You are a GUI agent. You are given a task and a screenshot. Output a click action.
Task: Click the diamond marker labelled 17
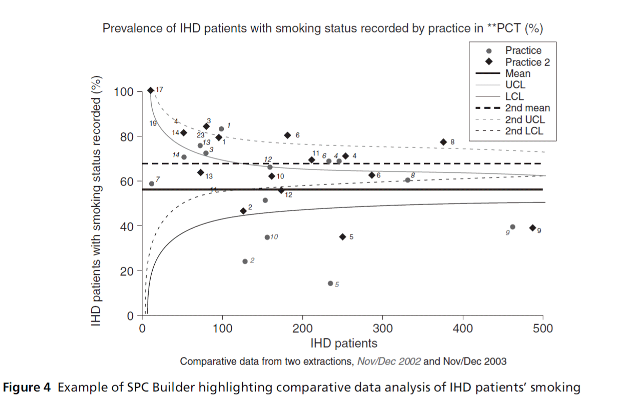click(151, 90)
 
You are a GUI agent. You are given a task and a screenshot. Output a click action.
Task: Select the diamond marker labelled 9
click(532, 228)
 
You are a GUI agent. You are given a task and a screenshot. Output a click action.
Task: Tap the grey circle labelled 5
click(331, 283)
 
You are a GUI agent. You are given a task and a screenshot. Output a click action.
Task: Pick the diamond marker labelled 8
click(444, 142)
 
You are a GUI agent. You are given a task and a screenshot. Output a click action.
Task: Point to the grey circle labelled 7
click(152, 184)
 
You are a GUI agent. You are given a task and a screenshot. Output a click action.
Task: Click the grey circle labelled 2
click(245, 261)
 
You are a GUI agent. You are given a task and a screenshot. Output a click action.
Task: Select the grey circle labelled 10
click(267, 237)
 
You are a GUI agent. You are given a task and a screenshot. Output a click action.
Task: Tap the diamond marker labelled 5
click(343, 236)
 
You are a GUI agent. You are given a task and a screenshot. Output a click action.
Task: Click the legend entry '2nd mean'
click(527, 108)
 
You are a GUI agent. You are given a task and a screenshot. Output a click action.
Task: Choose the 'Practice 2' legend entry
click(523, 62)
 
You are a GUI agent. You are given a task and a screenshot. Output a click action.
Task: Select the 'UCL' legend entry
click(515, 85)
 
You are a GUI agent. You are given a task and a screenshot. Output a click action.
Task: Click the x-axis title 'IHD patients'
click(343, 343)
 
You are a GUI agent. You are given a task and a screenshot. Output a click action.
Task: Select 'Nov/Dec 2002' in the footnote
click(389, 362)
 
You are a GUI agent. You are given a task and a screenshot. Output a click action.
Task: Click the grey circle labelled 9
click(512, 227)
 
